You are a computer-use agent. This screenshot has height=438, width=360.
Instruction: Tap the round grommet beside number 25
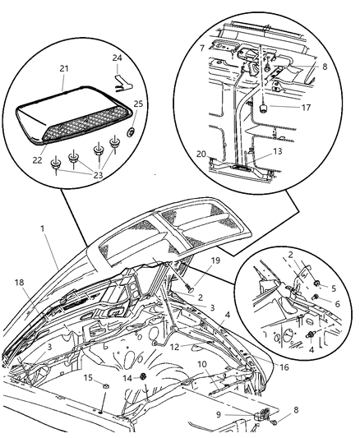(133, 131)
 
